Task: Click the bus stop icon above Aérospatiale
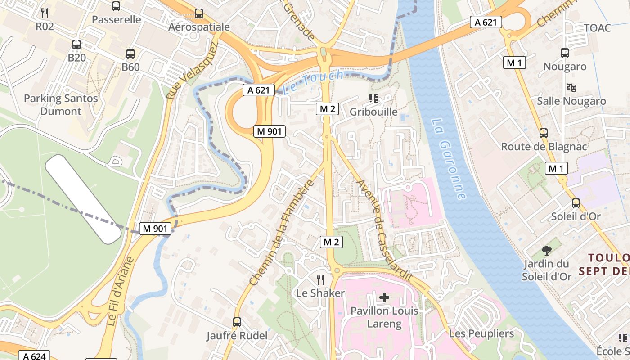click(x=198, y=13)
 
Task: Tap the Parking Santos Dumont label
click(x=61, y=105)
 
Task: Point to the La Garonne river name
click(x=448, y=159)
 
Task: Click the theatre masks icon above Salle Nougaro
click(x=571, y=87)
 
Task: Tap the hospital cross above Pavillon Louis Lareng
click(x=384, y=297)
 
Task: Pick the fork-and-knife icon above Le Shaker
click(x=320, y=279)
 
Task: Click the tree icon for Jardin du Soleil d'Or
click(x=546, y=250)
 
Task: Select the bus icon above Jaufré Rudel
click(x=237, y=322)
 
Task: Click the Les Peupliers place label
click(x=481, y=333)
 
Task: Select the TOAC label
click(x=597, y=28)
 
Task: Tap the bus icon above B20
click(x=76, y=44)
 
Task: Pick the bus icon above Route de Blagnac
click(x=544, y=133)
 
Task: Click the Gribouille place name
click(x=373, y=112)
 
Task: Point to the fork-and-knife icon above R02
click(x=44, y=13)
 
